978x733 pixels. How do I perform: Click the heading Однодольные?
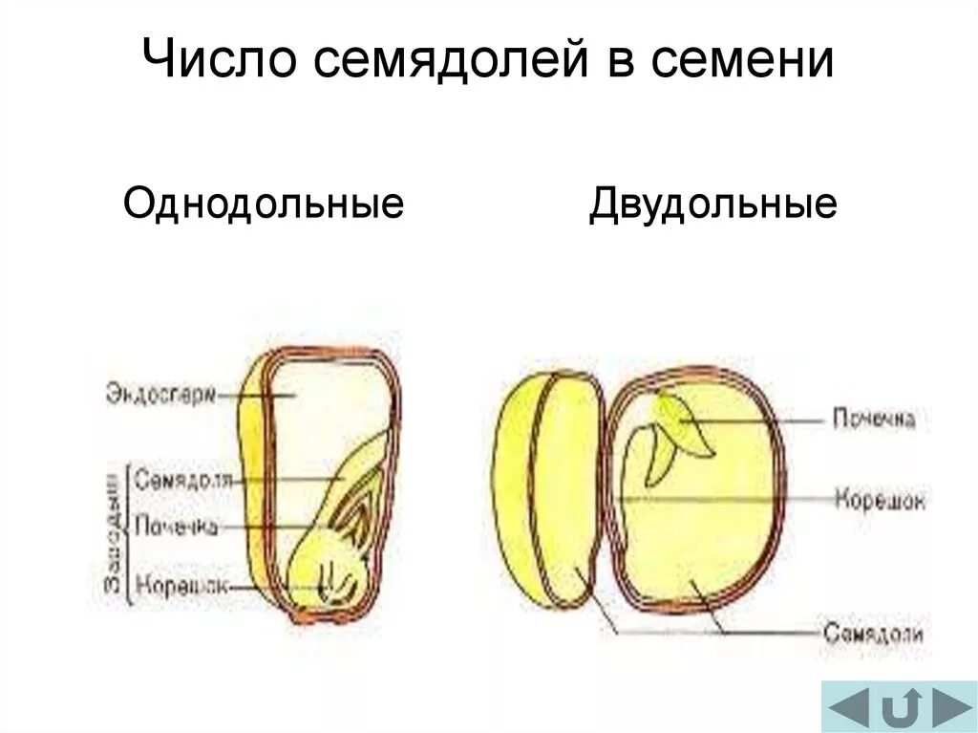point(264,204)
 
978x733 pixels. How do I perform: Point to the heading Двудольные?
point(712,204)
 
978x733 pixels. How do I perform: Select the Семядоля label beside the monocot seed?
point(183,480)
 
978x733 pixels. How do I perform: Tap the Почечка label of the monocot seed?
point(177,526)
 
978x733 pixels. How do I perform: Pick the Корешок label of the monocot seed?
point(181,584)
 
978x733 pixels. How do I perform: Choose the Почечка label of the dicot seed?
point(874,419)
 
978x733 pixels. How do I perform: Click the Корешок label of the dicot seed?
point(880,499)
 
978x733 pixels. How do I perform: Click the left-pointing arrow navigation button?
point(848,708)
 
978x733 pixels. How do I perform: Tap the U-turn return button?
point(900,708)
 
